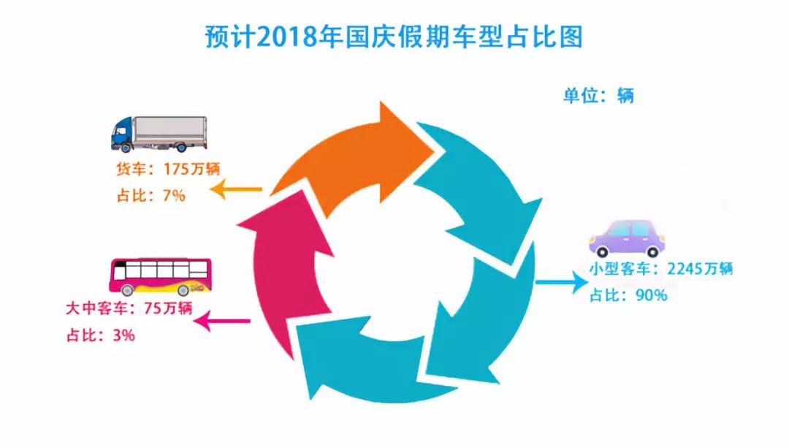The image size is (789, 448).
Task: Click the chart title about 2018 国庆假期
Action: [394, 37]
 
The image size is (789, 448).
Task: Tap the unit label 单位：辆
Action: [598, 95]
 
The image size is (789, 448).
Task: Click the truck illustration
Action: [159, 134]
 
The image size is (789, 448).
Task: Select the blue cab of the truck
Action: [122, 134]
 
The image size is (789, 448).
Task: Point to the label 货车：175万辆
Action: [168, 169]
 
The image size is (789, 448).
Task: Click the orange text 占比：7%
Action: [151, 195]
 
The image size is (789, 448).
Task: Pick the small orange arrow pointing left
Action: [236, 190]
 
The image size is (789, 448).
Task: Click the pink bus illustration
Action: [161, 276]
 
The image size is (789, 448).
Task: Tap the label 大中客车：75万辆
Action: [129, 308]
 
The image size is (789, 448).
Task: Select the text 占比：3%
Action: [100, 335]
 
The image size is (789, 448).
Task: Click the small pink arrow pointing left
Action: [222, 321]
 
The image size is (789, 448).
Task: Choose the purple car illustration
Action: [627, 238]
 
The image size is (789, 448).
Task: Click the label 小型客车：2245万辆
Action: [660, 269]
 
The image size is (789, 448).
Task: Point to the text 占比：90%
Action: [628, 295]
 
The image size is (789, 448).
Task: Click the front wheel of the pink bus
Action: [128, 289]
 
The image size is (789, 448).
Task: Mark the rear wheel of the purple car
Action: [652, 251]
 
